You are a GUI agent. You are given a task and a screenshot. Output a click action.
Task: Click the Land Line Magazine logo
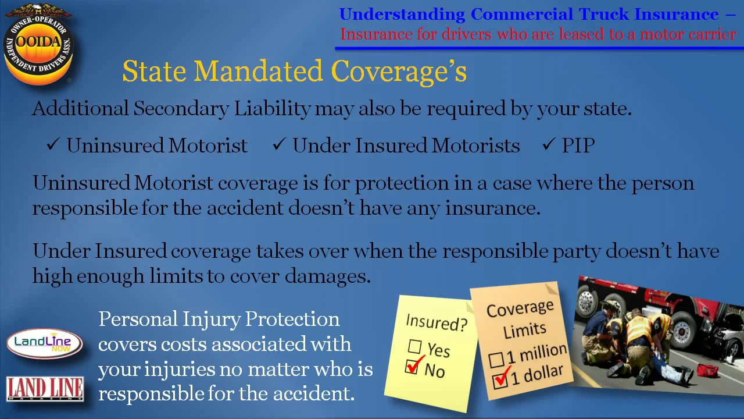[x=45, y=389]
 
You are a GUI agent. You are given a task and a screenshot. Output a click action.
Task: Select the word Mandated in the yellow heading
[x=258, y=71]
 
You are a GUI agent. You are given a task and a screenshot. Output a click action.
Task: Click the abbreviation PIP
[x=578, y=145]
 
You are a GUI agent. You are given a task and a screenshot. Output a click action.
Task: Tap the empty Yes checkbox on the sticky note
[x=414, y=347]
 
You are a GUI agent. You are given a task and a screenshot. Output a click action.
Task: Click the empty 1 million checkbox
[x=496, y=360]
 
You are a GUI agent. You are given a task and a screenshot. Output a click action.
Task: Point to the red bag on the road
[x=707, y=370]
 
